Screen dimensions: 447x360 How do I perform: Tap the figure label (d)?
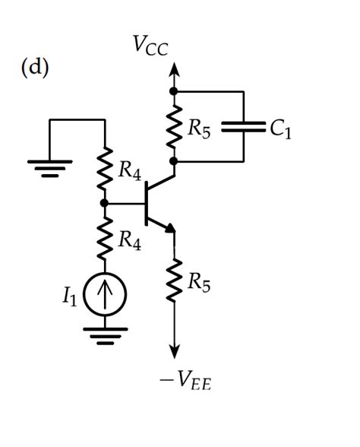34,67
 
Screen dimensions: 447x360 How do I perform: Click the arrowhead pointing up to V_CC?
174,70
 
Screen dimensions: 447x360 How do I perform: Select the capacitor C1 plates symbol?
243,126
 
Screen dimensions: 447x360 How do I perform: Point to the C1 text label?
279,129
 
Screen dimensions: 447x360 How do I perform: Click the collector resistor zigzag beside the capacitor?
174,126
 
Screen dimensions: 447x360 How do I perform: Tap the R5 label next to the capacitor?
201,129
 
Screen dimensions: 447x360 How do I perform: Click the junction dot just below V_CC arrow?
174,91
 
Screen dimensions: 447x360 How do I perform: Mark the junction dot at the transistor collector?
174,161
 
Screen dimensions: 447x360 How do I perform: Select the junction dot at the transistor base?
105,203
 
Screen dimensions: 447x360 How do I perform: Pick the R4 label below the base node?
129,241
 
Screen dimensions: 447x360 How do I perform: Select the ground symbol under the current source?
105,335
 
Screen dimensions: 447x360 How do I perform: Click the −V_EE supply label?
185,380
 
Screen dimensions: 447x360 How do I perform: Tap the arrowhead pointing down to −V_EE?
174,350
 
